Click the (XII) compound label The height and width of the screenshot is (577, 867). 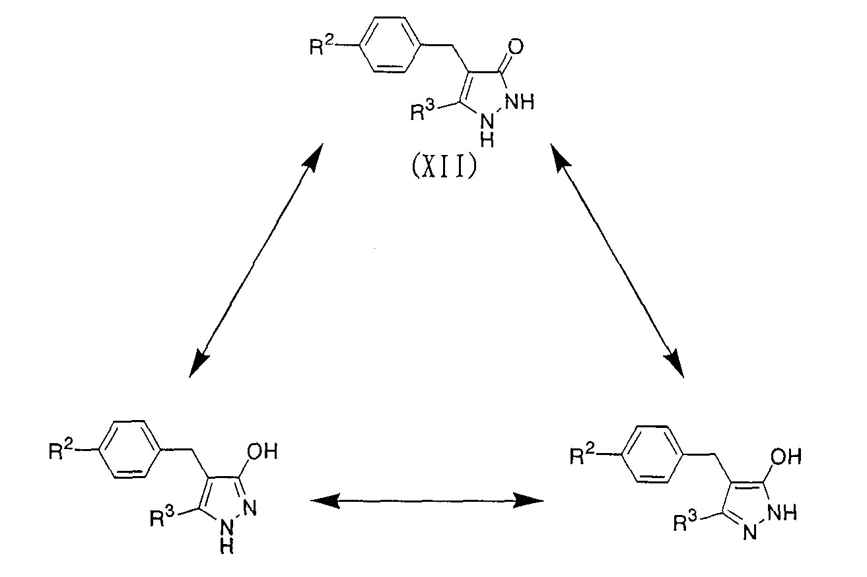[444, 167]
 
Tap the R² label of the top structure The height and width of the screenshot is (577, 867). [322, 46]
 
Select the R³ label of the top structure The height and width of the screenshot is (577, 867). [423, 109]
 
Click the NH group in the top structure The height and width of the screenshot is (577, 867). [520, 102]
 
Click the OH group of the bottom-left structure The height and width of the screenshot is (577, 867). [262, 451]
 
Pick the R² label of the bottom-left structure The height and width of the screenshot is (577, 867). [61, 450]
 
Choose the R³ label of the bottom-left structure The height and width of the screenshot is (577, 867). [162, 517]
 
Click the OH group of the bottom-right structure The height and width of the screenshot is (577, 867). [786, 456]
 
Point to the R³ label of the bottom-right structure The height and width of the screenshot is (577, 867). [685, 521]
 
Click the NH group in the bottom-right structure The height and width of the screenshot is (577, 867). [782, 512]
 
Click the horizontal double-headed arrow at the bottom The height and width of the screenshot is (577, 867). [427, 501]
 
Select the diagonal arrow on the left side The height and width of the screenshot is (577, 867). [256, 260]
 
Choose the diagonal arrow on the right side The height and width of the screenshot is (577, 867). [617, 260]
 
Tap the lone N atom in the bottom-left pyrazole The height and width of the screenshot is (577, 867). [250, 508]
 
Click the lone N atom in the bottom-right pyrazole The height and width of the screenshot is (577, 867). [749, 533]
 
